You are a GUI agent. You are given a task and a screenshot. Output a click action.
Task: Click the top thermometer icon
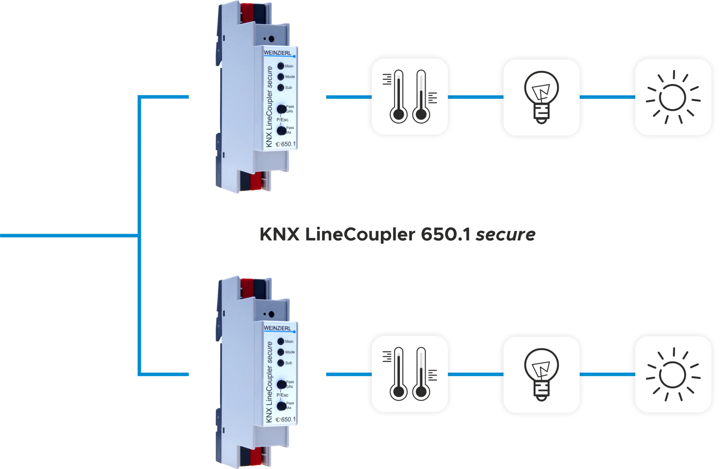(x=410, y=97)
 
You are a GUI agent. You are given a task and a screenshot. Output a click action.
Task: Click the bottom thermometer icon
(x=410, y=374)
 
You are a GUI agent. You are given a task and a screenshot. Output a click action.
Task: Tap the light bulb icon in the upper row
(x=541, y=97)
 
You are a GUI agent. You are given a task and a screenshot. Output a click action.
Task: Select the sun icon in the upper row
(x=673, y=97)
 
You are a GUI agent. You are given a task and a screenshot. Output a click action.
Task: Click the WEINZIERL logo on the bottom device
(x=278, y=328)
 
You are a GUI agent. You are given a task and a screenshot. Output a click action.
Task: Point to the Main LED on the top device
(x=281, y=66)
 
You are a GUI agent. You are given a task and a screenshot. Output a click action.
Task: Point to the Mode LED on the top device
(x=281, y=77)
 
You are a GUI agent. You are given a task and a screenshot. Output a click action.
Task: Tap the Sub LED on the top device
(x=281, y=87)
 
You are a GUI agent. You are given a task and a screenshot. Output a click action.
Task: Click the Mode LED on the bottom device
(x=281, y=352)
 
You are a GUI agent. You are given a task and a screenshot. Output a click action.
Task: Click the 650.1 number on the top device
(x=288, y=144)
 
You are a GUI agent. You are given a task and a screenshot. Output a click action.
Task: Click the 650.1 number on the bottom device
(x=288, y=419)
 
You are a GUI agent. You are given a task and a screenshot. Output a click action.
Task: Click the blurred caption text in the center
(x=398, y=235)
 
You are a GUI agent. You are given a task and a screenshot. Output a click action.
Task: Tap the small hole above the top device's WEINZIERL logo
(x=271, y=39)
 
